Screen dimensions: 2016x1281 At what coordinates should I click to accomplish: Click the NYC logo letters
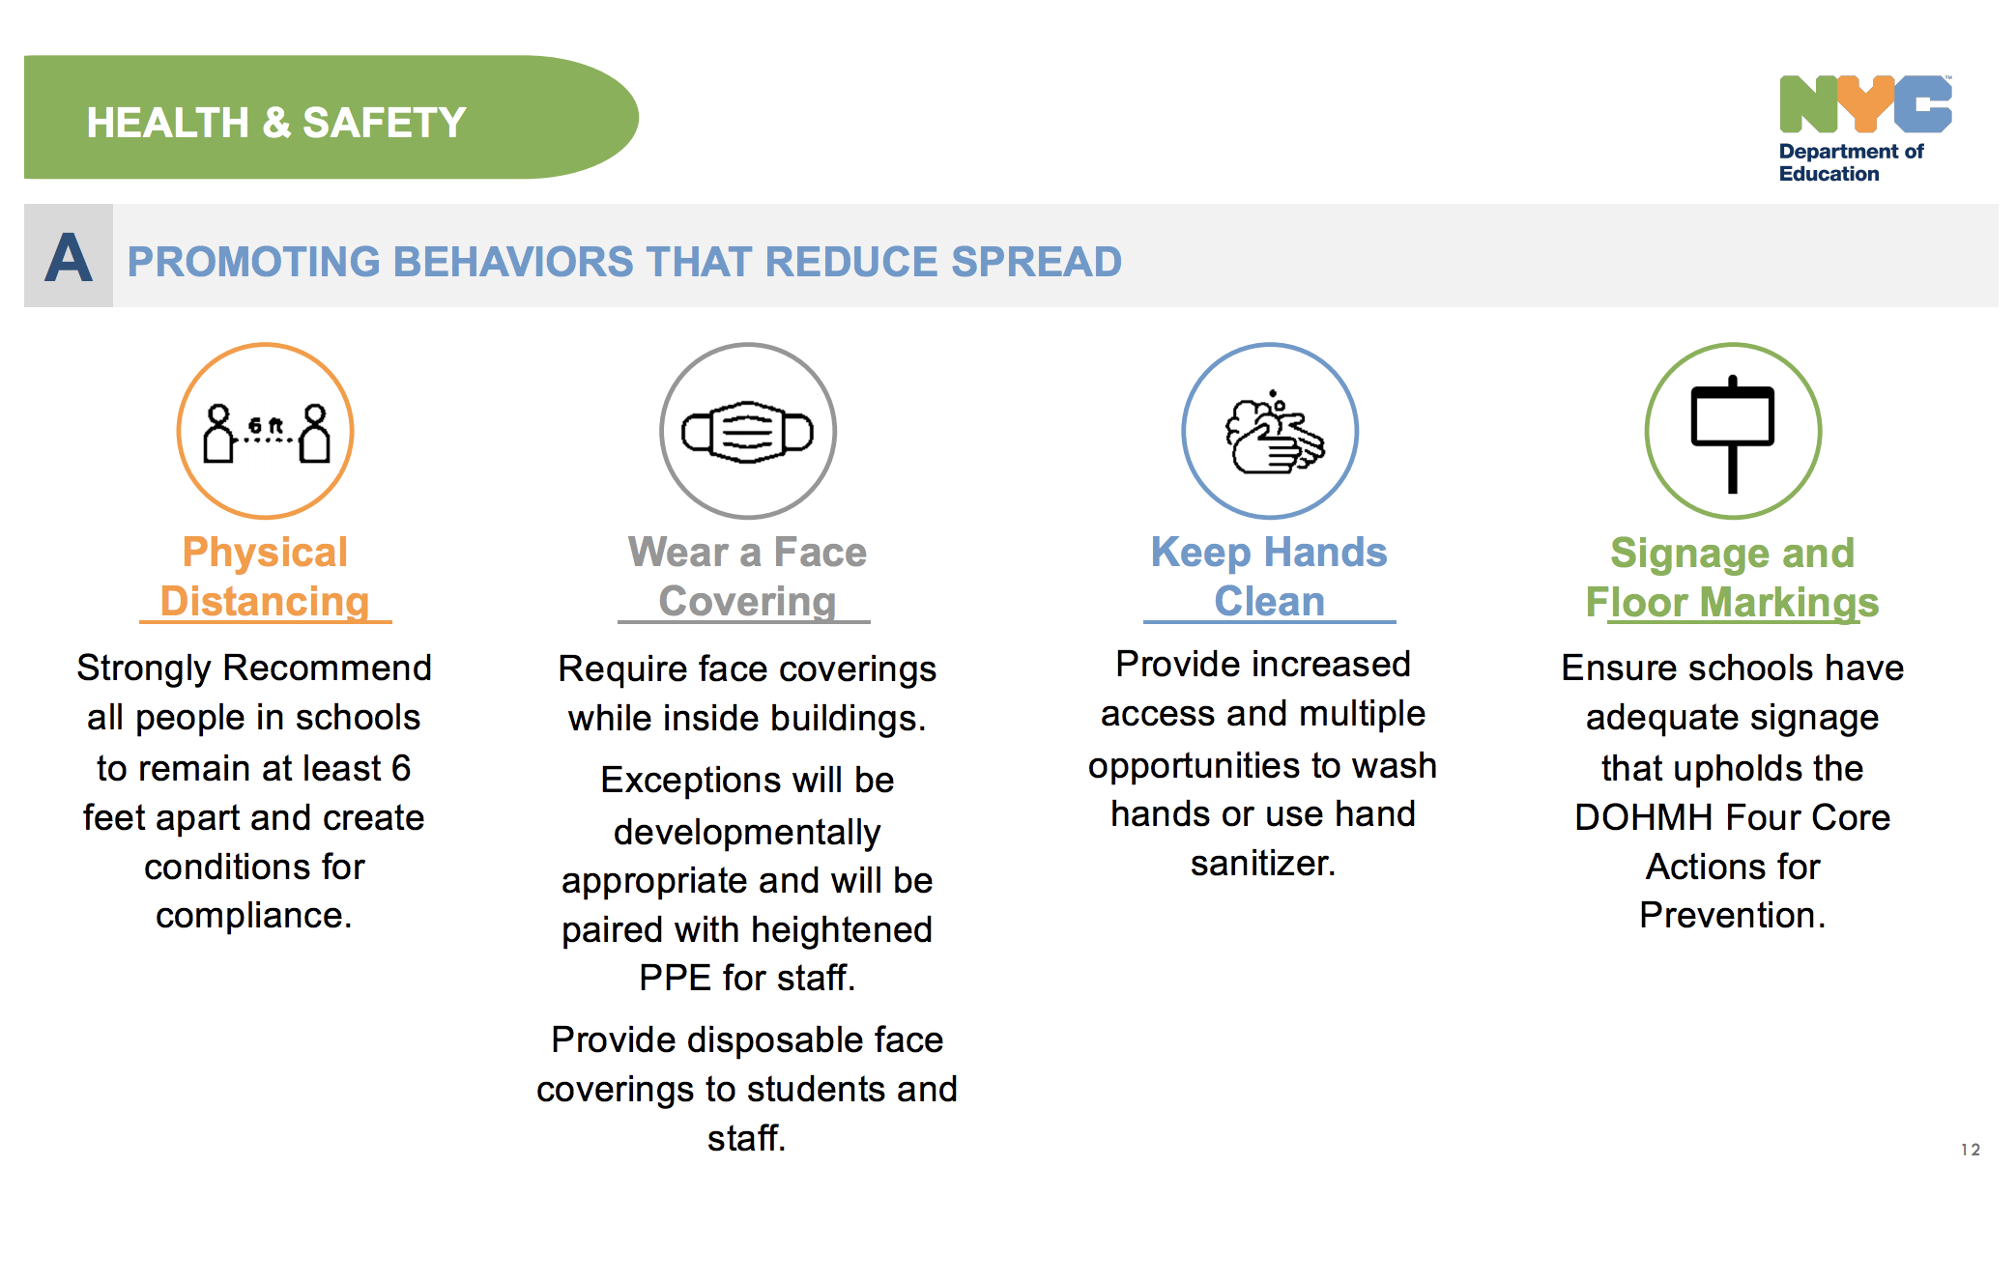tap(1864, 104)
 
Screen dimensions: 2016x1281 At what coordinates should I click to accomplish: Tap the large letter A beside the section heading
tap(69, 258)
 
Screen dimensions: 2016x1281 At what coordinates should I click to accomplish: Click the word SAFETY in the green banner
tap(384, 123)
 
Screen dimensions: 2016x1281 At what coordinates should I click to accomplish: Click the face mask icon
tap(747, 431)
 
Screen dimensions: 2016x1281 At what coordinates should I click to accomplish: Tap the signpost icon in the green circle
tap(1732, 434)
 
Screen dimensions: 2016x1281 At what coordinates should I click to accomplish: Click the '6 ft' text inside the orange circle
tap(266, 425)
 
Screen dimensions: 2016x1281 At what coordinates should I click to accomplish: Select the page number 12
tap(1971, 1150)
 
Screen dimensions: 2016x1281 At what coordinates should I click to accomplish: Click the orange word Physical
tap(265, 553)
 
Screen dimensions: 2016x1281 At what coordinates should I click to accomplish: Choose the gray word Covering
tap(747, 601)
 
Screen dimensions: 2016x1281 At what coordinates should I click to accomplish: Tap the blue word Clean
tap(1269, 601)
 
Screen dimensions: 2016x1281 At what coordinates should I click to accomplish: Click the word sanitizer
tap(1262, 863)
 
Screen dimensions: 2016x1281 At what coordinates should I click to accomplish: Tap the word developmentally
tap(747, 833)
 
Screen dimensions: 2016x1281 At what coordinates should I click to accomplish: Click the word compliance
tap(253, 916)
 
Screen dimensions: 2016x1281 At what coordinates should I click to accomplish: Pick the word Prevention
tap(1732, 915)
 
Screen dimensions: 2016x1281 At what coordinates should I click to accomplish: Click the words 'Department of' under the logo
tap(1851, 152)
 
